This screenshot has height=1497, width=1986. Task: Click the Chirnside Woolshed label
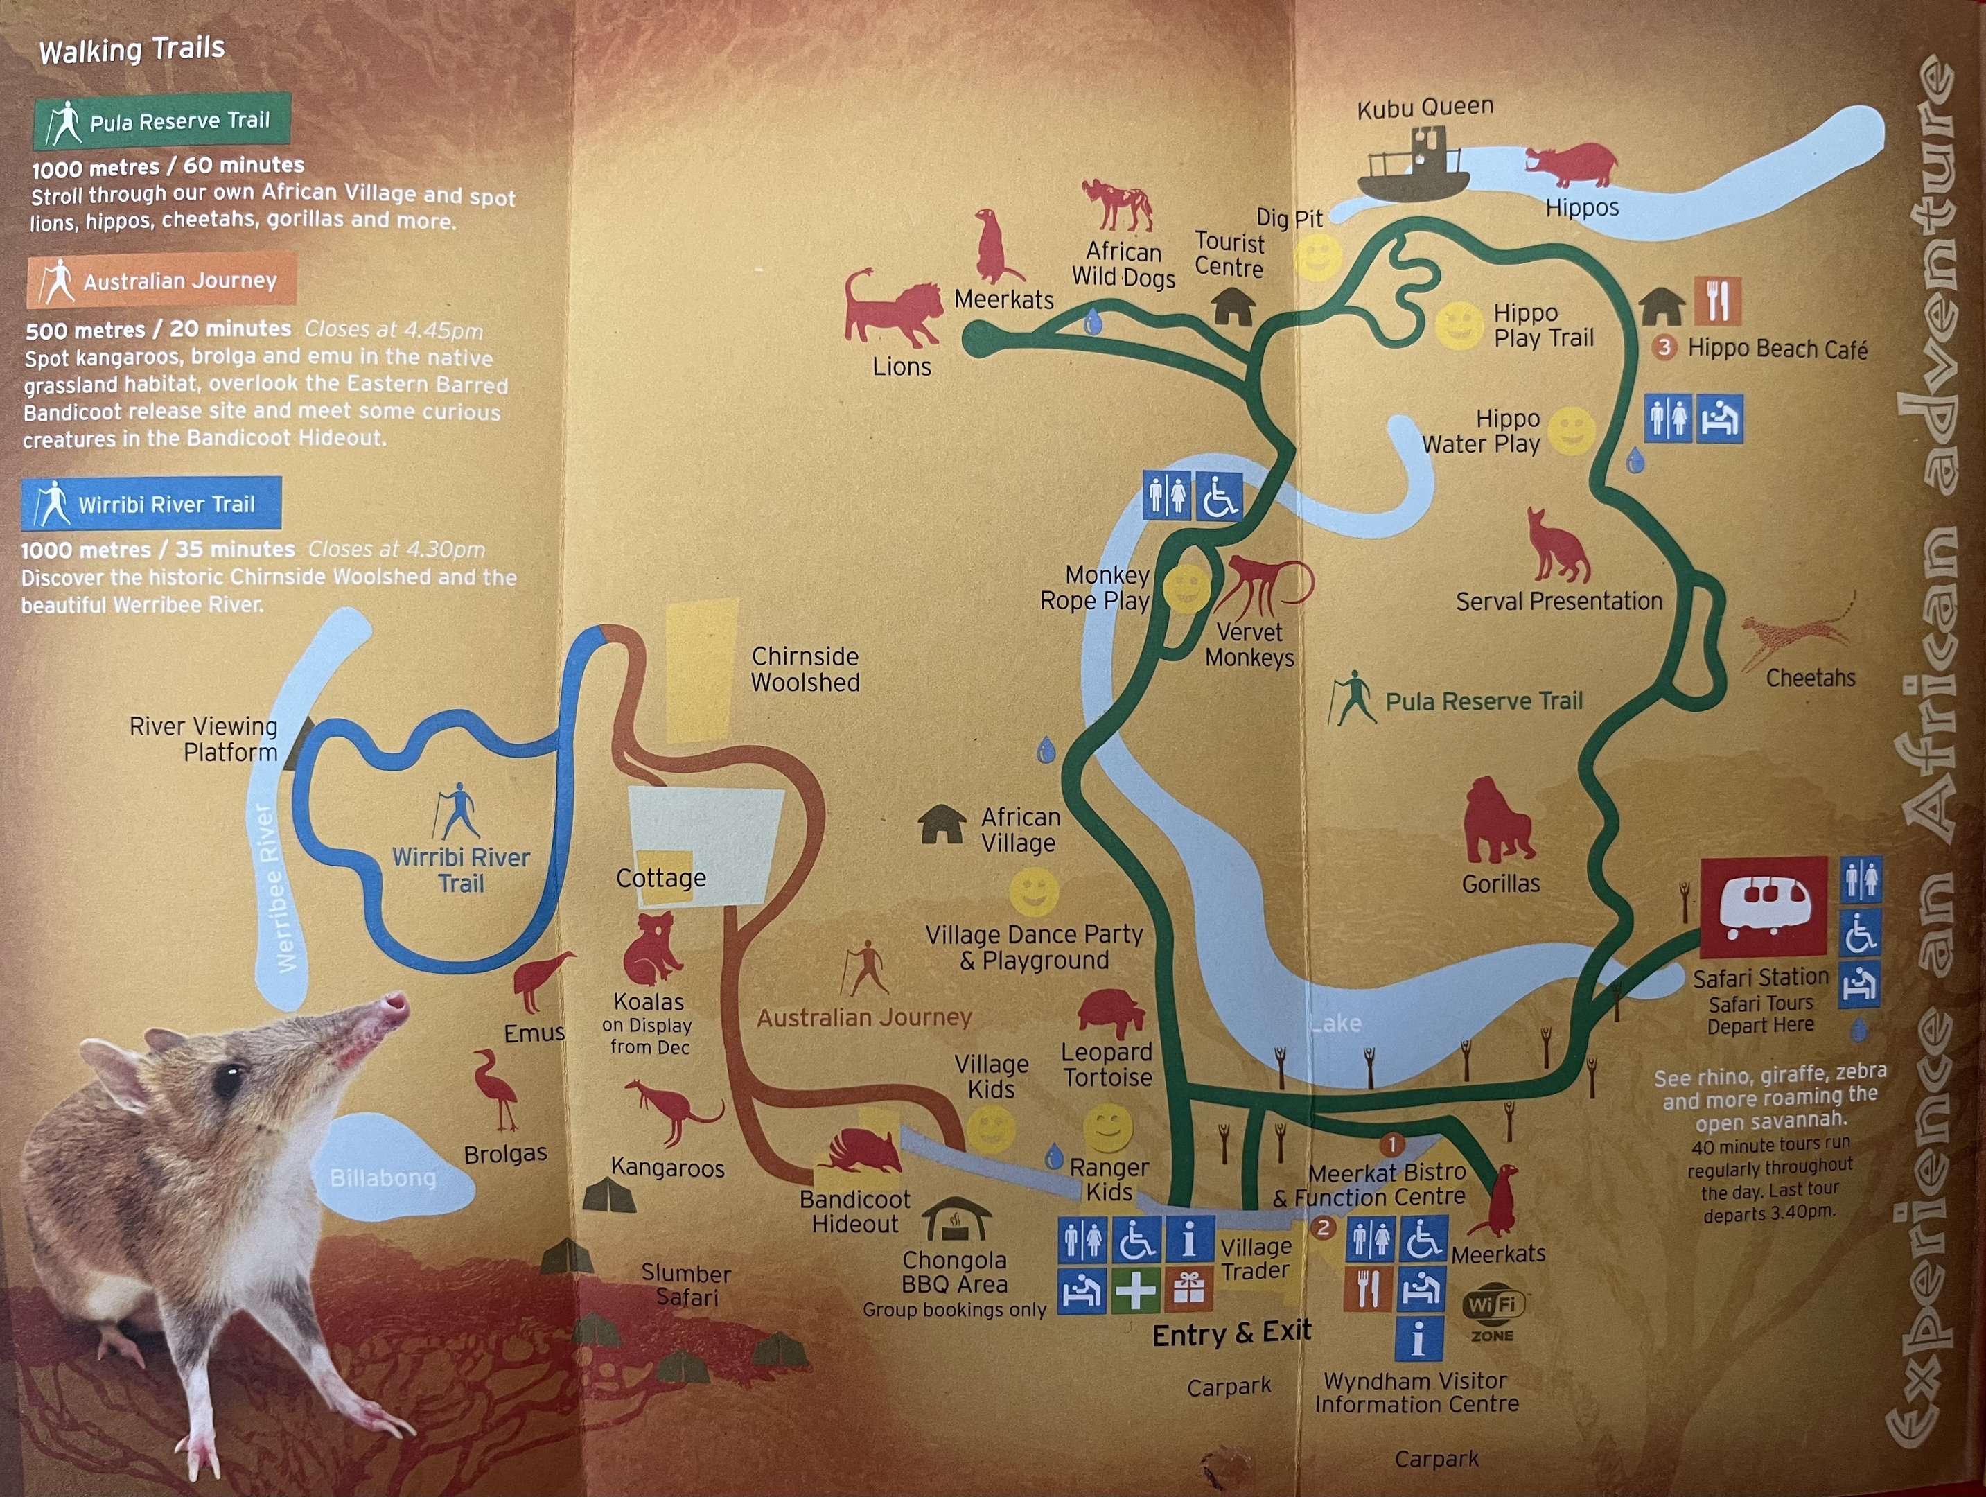805,669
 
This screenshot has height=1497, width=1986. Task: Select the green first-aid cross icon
1135,1291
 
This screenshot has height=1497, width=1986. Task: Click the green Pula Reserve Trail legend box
163,121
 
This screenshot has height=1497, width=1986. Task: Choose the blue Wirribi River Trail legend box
152,504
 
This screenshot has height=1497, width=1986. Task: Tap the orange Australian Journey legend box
161,281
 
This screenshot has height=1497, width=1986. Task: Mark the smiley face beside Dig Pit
1318,258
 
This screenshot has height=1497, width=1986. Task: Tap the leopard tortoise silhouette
1111,1013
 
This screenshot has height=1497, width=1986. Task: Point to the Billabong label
383,1178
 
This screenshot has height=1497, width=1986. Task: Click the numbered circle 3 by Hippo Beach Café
1664,347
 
